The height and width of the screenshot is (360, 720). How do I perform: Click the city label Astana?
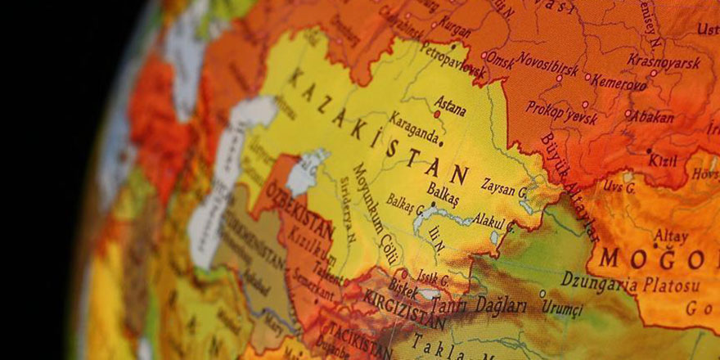tap(449, 106)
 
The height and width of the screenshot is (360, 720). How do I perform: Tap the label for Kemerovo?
tap(619, 82)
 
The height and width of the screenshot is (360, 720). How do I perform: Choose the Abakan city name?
tap(653, 117)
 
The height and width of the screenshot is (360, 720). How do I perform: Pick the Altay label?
tap(671, 236)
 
